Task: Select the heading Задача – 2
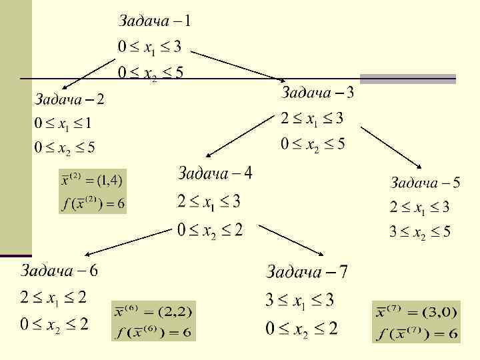(69, 100)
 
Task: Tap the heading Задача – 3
(317, 92)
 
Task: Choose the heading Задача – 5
(425, 182)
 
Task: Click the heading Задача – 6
(59, 271)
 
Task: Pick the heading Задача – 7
(307, 271)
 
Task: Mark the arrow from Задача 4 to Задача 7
(292, 241)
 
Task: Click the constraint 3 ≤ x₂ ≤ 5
(420, 232)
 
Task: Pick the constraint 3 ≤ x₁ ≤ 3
(300, 300)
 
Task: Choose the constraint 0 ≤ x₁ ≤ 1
(64, 123)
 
